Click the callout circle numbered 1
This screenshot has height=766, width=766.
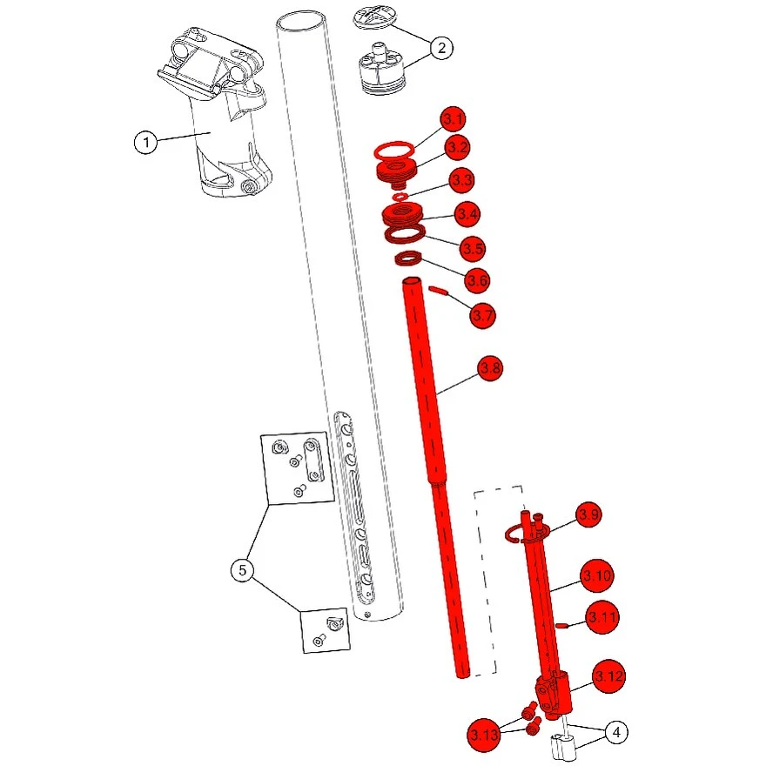pos(145,143)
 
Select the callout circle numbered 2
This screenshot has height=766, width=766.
pos(441,48)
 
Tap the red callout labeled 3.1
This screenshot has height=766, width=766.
pos(453,119)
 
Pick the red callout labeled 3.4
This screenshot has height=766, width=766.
pos(467,214)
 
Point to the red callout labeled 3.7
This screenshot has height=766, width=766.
pos(482,315)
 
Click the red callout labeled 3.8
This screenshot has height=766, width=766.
pos(490,368)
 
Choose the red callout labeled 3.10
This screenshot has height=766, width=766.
pos(597,576)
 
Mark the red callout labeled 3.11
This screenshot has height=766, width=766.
pos(602,617)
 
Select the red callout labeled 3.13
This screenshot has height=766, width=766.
pos(484,735)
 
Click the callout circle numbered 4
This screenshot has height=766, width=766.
pos(616,732)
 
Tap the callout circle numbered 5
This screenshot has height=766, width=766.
pos(242,570)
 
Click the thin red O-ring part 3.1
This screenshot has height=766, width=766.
pos(394,151)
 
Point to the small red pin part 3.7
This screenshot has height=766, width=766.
pos(438,291)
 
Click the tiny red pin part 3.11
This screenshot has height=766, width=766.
pos(561,625)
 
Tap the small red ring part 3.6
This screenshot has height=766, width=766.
pos(408,259)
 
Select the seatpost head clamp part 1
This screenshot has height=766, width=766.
pos(213,113)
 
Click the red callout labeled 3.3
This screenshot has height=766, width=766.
pos(461,180)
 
